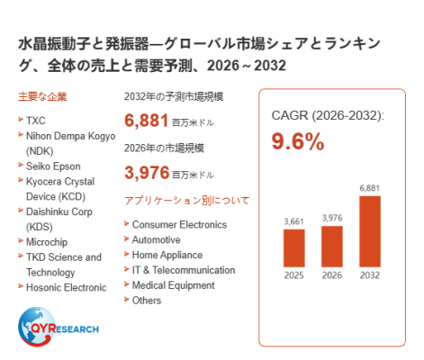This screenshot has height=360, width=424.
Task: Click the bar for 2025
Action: coord(293,248)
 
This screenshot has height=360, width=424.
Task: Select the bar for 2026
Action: coord(332,247)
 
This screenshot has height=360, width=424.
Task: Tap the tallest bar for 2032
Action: coord(370,231)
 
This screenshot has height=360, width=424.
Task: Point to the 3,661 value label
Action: coord(293,221)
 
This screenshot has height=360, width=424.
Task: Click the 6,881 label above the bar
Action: coord(370,188)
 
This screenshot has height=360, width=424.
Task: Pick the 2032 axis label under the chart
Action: coord(370,275)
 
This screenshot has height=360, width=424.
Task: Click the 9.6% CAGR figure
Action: coord(298,141)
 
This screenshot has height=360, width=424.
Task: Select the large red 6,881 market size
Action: coord(146,121)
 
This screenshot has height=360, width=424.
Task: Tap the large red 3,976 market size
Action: coord(147,173)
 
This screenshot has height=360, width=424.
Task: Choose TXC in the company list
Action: coord(36,121)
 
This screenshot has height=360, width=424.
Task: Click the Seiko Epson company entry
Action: coord(53,166)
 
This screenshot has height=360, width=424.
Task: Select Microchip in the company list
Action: coord(47,242)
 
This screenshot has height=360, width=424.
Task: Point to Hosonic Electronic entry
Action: coord(66,287)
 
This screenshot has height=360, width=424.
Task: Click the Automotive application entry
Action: coord(156,239)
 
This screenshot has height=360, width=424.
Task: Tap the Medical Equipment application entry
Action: coord(173,285)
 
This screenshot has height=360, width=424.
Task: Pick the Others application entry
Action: coord(147,301)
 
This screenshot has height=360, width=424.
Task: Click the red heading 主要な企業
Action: coord(42,96)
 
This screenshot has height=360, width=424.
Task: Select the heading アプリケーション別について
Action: coord(186,201)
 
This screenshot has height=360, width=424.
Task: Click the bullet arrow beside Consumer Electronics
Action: coord(127,223)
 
